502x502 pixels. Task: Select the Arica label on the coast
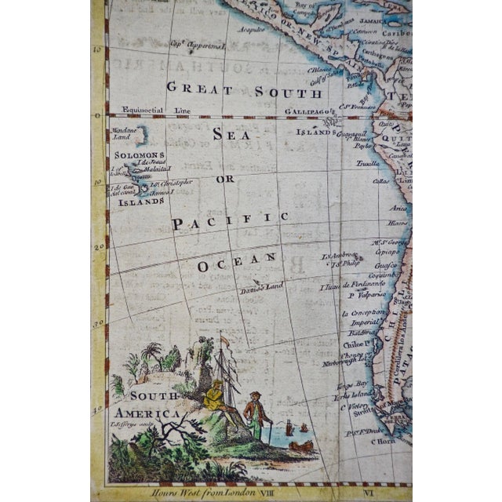(401, 208)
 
